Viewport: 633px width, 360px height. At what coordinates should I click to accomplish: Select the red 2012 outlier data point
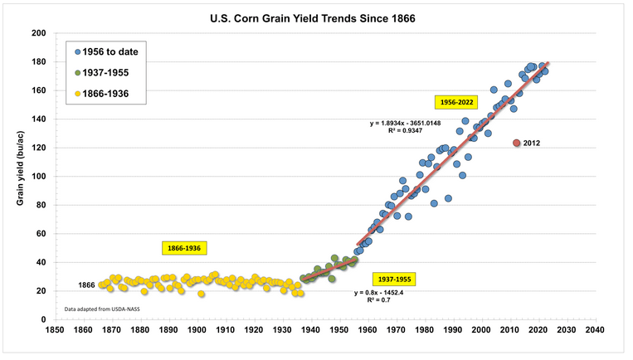tap(516, 143)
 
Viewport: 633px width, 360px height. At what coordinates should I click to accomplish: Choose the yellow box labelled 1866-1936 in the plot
tap(183, 248)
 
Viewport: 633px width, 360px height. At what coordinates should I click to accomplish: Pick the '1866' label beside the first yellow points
tap(87, 285)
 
